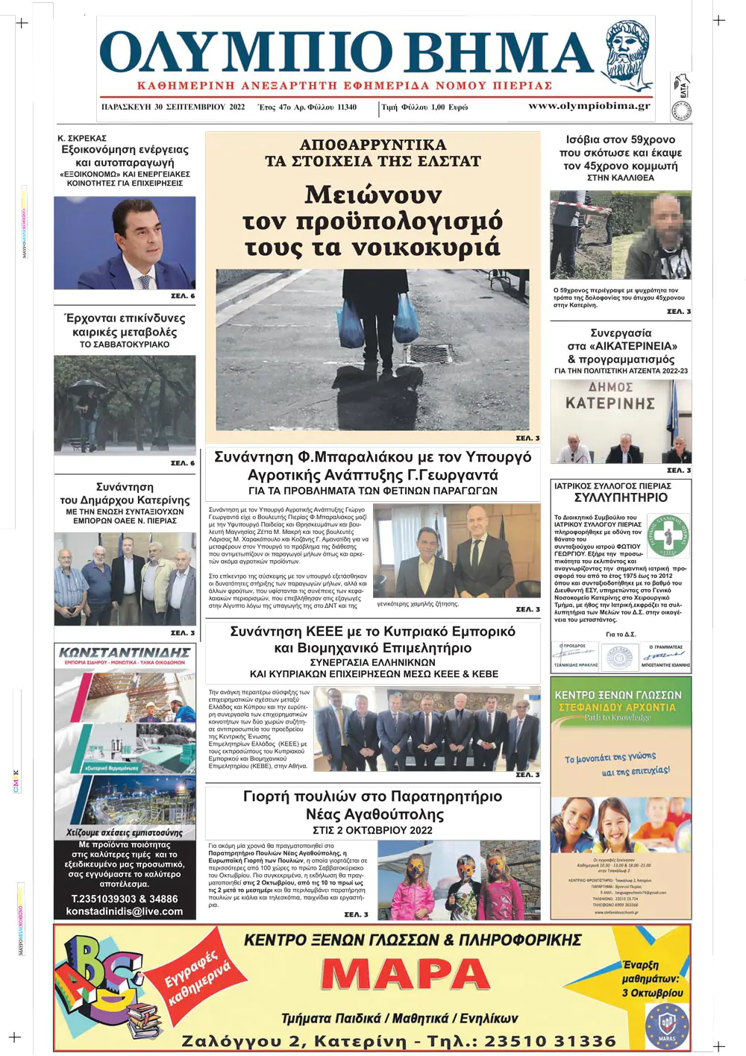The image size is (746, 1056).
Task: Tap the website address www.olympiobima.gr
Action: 589,106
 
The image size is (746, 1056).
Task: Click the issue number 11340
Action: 347,107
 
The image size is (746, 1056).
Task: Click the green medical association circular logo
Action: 668,535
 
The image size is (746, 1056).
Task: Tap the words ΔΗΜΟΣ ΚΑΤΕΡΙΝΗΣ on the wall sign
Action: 610,396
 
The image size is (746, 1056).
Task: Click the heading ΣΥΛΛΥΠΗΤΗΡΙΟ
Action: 621,497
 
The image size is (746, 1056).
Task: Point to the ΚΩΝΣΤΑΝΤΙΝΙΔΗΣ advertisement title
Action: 125,653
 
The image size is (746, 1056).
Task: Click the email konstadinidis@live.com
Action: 125,911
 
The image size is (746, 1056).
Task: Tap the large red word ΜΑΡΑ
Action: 405,975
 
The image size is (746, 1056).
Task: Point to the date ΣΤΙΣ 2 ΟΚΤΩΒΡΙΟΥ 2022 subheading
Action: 372,830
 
